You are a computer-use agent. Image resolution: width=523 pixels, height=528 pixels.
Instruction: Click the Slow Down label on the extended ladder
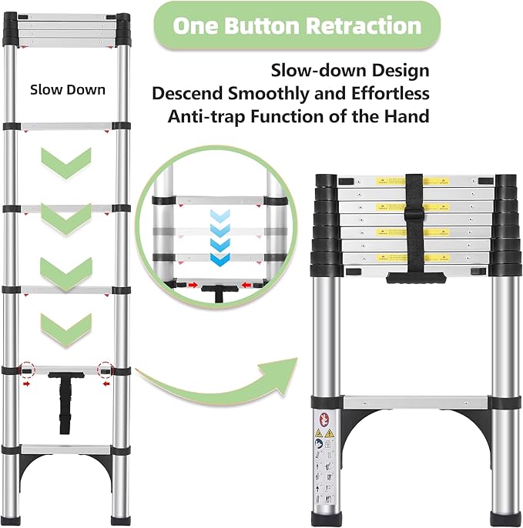click(x=68, y=89)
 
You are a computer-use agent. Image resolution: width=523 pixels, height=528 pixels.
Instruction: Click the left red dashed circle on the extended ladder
click(x=28, y=370)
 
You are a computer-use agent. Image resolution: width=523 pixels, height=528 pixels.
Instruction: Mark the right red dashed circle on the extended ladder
click(x=106, y=370)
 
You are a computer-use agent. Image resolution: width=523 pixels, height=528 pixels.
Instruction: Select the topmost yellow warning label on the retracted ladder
click(x=390, y=182)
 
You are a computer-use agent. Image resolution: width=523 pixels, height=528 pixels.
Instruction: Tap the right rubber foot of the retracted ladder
click(x=505, y=515)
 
